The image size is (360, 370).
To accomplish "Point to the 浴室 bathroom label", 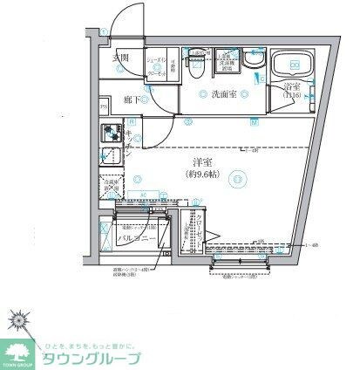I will [x=291, y=86].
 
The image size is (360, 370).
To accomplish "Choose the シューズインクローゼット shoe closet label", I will [x=159, y=62].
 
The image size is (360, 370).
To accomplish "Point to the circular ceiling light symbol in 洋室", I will [x=238, y=180].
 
